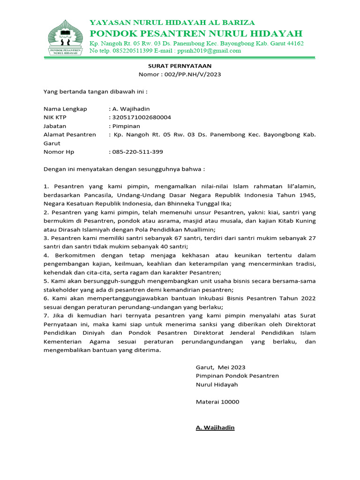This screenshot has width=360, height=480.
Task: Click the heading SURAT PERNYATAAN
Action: (x=180, y=67)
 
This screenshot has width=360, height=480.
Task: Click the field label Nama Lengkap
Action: (x=65, y=109)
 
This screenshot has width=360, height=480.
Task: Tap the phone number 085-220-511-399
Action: (x=138, y=152)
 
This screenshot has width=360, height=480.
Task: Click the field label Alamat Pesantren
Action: (x=70, y=135)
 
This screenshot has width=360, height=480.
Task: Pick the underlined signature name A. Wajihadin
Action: (x=215, y=427)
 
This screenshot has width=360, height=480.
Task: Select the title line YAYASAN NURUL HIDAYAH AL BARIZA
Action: (x=172, y=22)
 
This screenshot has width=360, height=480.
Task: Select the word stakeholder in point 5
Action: (x=61, y=290)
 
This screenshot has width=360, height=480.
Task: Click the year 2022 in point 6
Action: (x=307, y=298)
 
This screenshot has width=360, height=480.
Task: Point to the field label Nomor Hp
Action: (x=59, y=152)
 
